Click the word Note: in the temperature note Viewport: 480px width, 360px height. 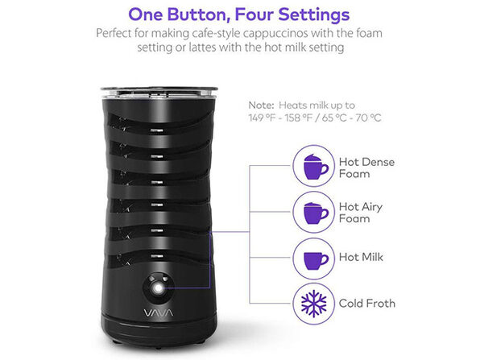click(x=262, y=104)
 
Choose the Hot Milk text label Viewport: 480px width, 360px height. click(x=361, y=258)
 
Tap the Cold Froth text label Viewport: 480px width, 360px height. click(x=366, y=304)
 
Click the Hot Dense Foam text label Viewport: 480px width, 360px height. click(x=366, y=168)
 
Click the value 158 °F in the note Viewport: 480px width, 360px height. click(x=299, y=118)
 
